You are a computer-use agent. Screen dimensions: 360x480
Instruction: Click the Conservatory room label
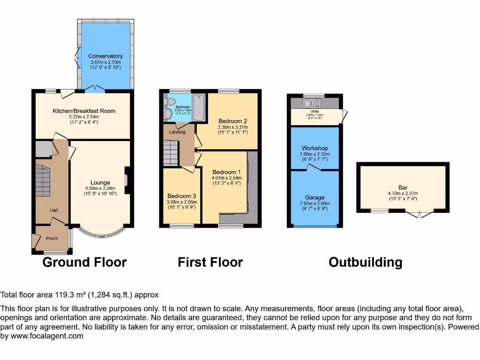pos(105,56)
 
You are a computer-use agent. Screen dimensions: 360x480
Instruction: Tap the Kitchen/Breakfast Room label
pos(84,111)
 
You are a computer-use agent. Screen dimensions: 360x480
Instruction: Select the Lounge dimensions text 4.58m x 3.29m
pos(100,189)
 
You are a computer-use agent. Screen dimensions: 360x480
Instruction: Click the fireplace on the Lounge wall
pos(126,180)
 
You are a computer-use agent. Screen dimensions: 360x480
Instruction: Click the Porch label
pos(52,239)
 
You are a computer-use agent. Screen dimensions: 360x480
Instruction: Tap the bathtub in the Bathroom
pos(199,107)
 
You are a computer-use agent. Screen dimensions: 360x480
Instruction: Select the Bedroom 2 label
pos(232,121)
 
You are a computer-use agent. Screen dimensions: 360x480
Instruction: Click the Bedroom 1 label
pos(226,172)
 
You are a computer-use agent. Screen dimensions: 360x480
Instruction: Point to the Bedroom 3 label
pos(182,196)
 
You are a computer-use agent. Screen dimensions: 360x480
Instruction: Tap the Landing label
pos(177,132)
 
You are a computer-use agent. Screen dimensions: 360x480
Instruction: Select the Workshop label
pos(315,148)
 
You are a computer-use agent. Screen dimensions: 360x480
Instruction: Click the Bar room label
pos(403,187)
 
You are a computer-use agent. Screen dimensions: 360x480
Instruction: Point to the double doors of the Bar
pos(419,214)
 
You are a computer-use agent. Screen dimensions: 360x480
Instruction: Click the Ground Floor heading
pos(84,262)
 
